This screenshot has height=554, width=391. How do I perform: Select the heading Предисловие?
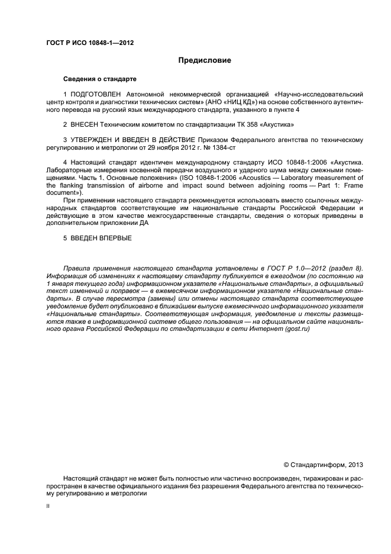pos(205,60)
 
